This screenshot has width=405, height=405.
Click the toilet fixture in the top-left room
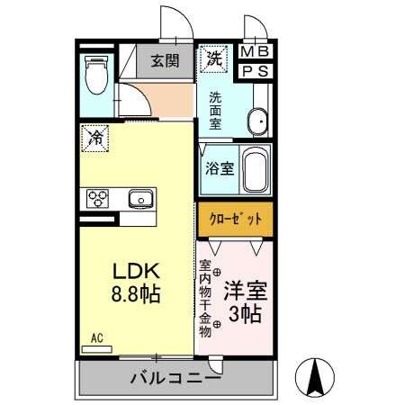click(x=94, y=76)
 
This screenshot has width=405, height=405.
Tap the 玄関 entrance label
click(x=164, y=62)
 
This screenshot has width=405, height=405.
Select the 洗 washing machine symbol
click(x=214, y=59)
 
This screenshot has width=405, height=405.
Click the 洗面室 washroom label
click(x=217, y=111)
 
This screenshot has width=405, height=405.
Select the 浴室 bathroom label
click(x=219, y=167)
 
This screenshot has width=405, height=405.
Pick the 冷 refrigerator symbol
click(x=95, y=138)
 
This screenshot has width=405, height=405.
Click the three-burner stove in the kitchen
click(x=98, y=198)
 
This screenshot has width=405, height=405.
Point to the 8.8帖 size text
click(x=136, y=294)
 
